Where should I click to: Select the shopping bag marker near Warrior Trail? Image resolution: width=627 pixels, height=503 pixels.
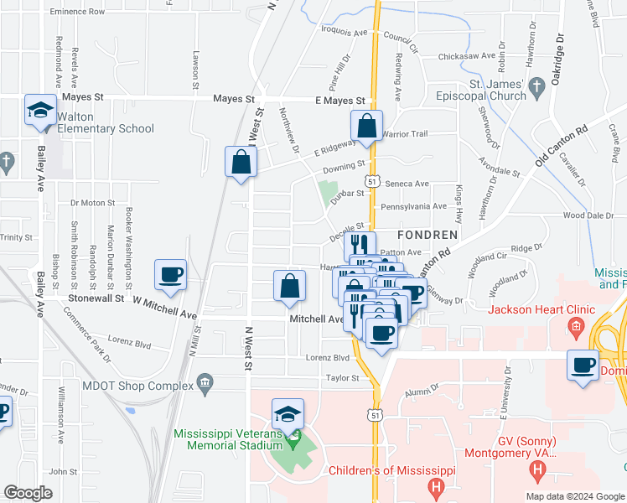(x=366, y=128)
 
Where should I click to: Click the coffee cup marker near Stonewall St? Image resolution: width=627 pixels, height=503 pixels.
(x=170, y=276)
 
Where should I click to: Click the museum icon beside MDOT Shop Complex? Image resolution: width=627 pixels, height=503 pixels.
(x=205, y=385)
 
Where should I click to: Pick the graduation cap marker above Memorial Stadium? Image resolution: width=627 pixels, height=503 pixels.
(x=288, y=415)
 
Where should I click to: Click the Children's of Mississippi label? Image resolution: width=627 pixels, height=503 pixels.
(x=391, y=471)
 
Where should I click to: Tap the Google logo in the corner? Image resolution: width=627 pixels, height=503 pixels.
(x=28, y=493)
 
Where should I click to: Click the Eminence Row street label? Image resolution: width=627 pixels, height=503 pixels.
(x=77, y=13)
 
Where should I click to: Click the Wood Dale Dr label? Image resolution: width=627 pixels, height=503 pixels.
(x=588, y=215)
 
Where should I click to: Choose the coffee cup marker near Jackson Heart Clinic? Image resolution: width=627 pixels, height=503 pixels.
(x=583, y=366)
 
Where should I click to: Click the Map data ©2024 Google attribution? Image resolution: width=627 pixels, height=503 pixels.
(x=576, y=496)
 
